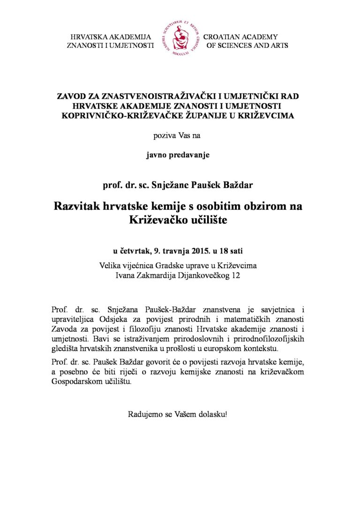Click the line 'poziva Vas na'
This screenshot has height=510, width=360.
pos(180,136)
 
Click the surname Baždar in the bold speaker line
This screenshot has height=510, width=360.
pos(238,185)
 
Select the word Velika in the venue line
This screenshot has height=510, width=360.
pos(112,266)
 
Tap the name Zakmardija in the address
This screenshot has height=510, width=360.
pos(154,276)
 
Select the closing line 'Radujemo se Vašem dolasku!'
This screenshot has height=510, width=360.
pos(180,415)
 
